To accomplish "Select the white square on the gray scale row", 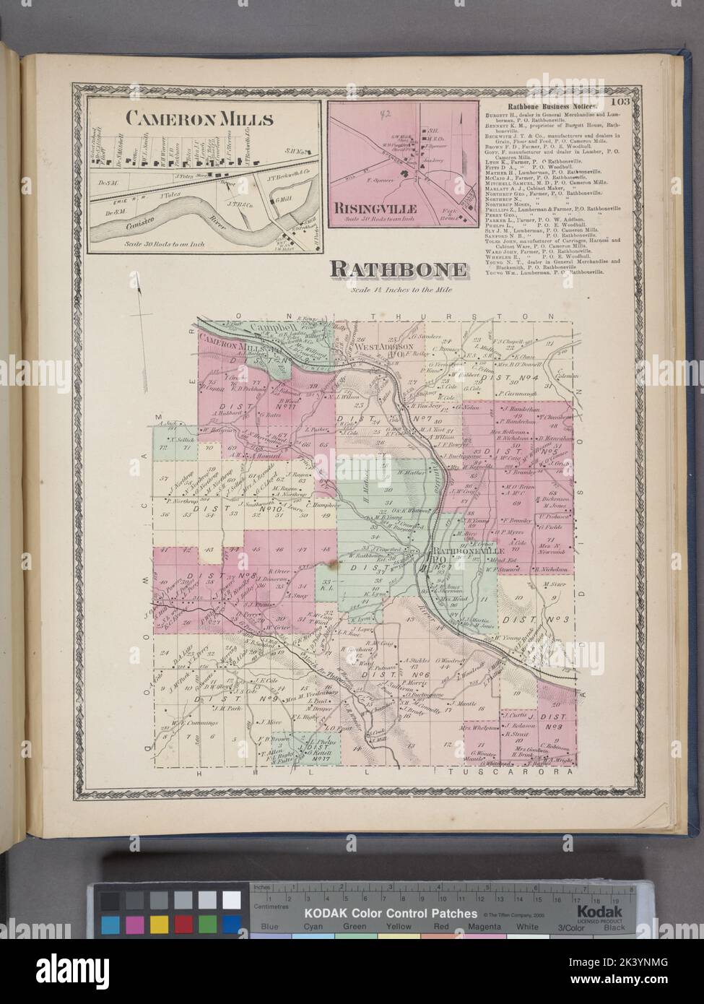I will (x=232, y=900).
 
